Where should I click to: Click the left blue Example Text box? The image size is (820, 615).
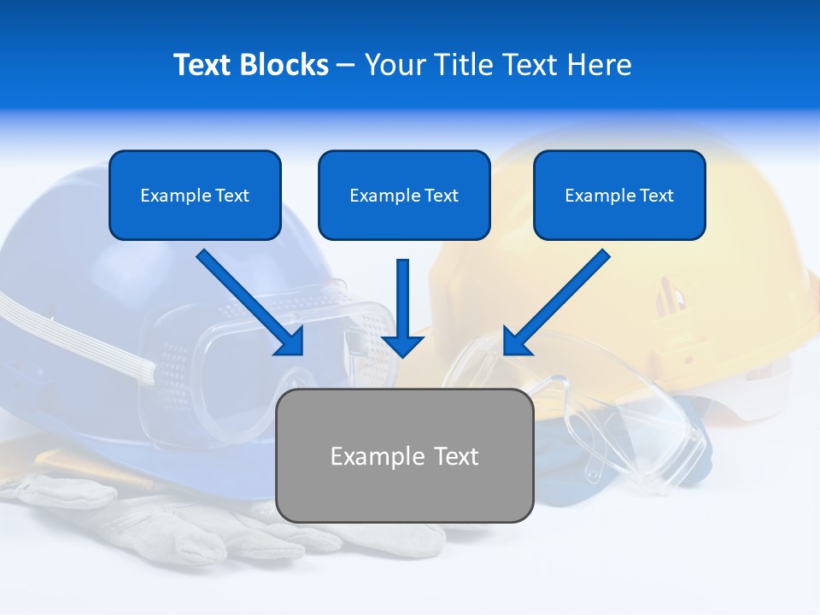pyautogui.click(x=195, y=196)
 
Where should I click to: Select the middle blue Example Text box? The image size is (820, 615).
pyautogui.click(x=404, y=196)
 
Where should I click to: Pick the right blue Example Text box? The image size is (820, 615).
pyautogui.click(x=619, y=196)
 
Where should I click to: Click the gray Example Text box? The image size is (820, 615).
pyautogui.click(x=404, y=455)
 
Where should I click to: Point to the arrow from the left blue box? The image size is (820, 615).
pyautogui.click(x=252, y=303)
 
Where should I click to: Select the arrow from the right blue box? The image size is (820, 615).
pyautogui.click(x=555, y=303)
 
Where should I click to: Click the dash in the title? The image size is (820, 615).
pyautogui.click(x=346, y=65)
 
